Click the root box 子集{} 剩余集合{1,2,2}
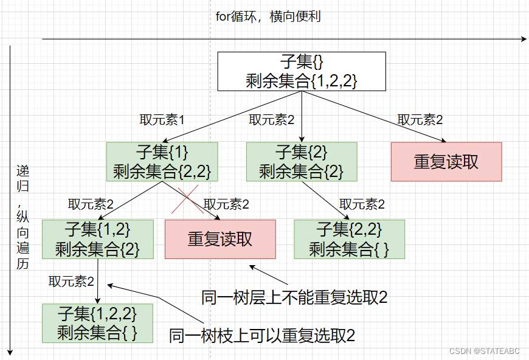pos(302,71)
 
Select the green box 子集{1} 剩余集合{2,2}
pos(162,161)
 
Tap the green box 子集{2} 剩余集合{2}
pos(302,161)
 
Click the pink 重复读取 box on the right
pos(446,161)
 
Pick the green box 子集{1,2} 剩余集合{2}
pos(98,239)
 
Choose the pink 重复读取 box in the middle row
pos(220,239)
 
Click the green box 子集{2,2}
pos(349,239)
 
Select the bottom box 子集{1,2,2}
pos(98,323)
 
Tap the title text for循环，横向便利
pos(268,16)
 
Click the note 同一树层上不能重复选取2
pos(294,297)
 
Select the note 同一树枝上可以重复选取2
pos(262,335)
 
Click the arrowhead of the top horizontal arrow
pos(524,39)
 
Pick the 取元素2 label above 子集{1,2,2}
pos(72,281)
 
